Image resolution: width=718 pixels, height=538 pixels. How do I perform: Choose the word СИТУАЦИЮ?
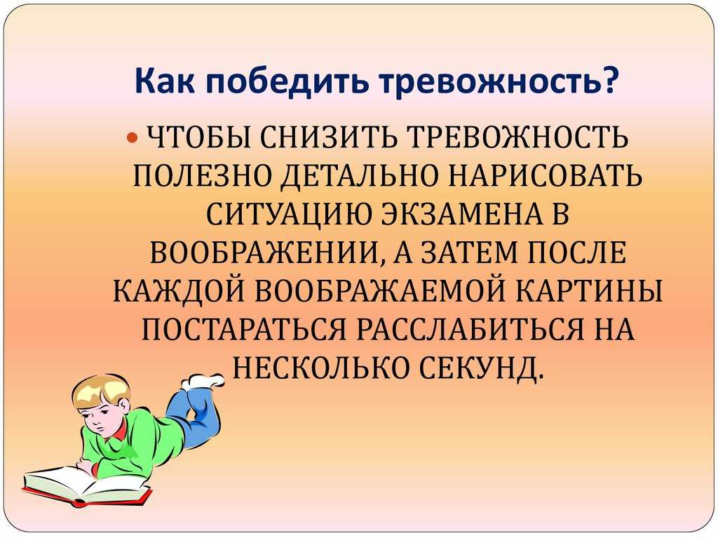[288, 215]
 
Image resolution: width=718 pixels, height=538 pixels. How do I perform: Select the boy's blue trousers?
[195, 415]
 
